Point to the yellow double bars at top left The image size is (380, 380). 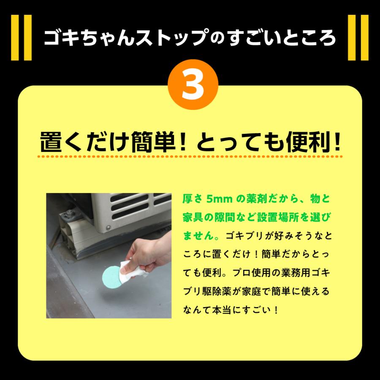point(21,38)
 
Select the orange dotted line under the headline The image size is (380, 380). point(190,157)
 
